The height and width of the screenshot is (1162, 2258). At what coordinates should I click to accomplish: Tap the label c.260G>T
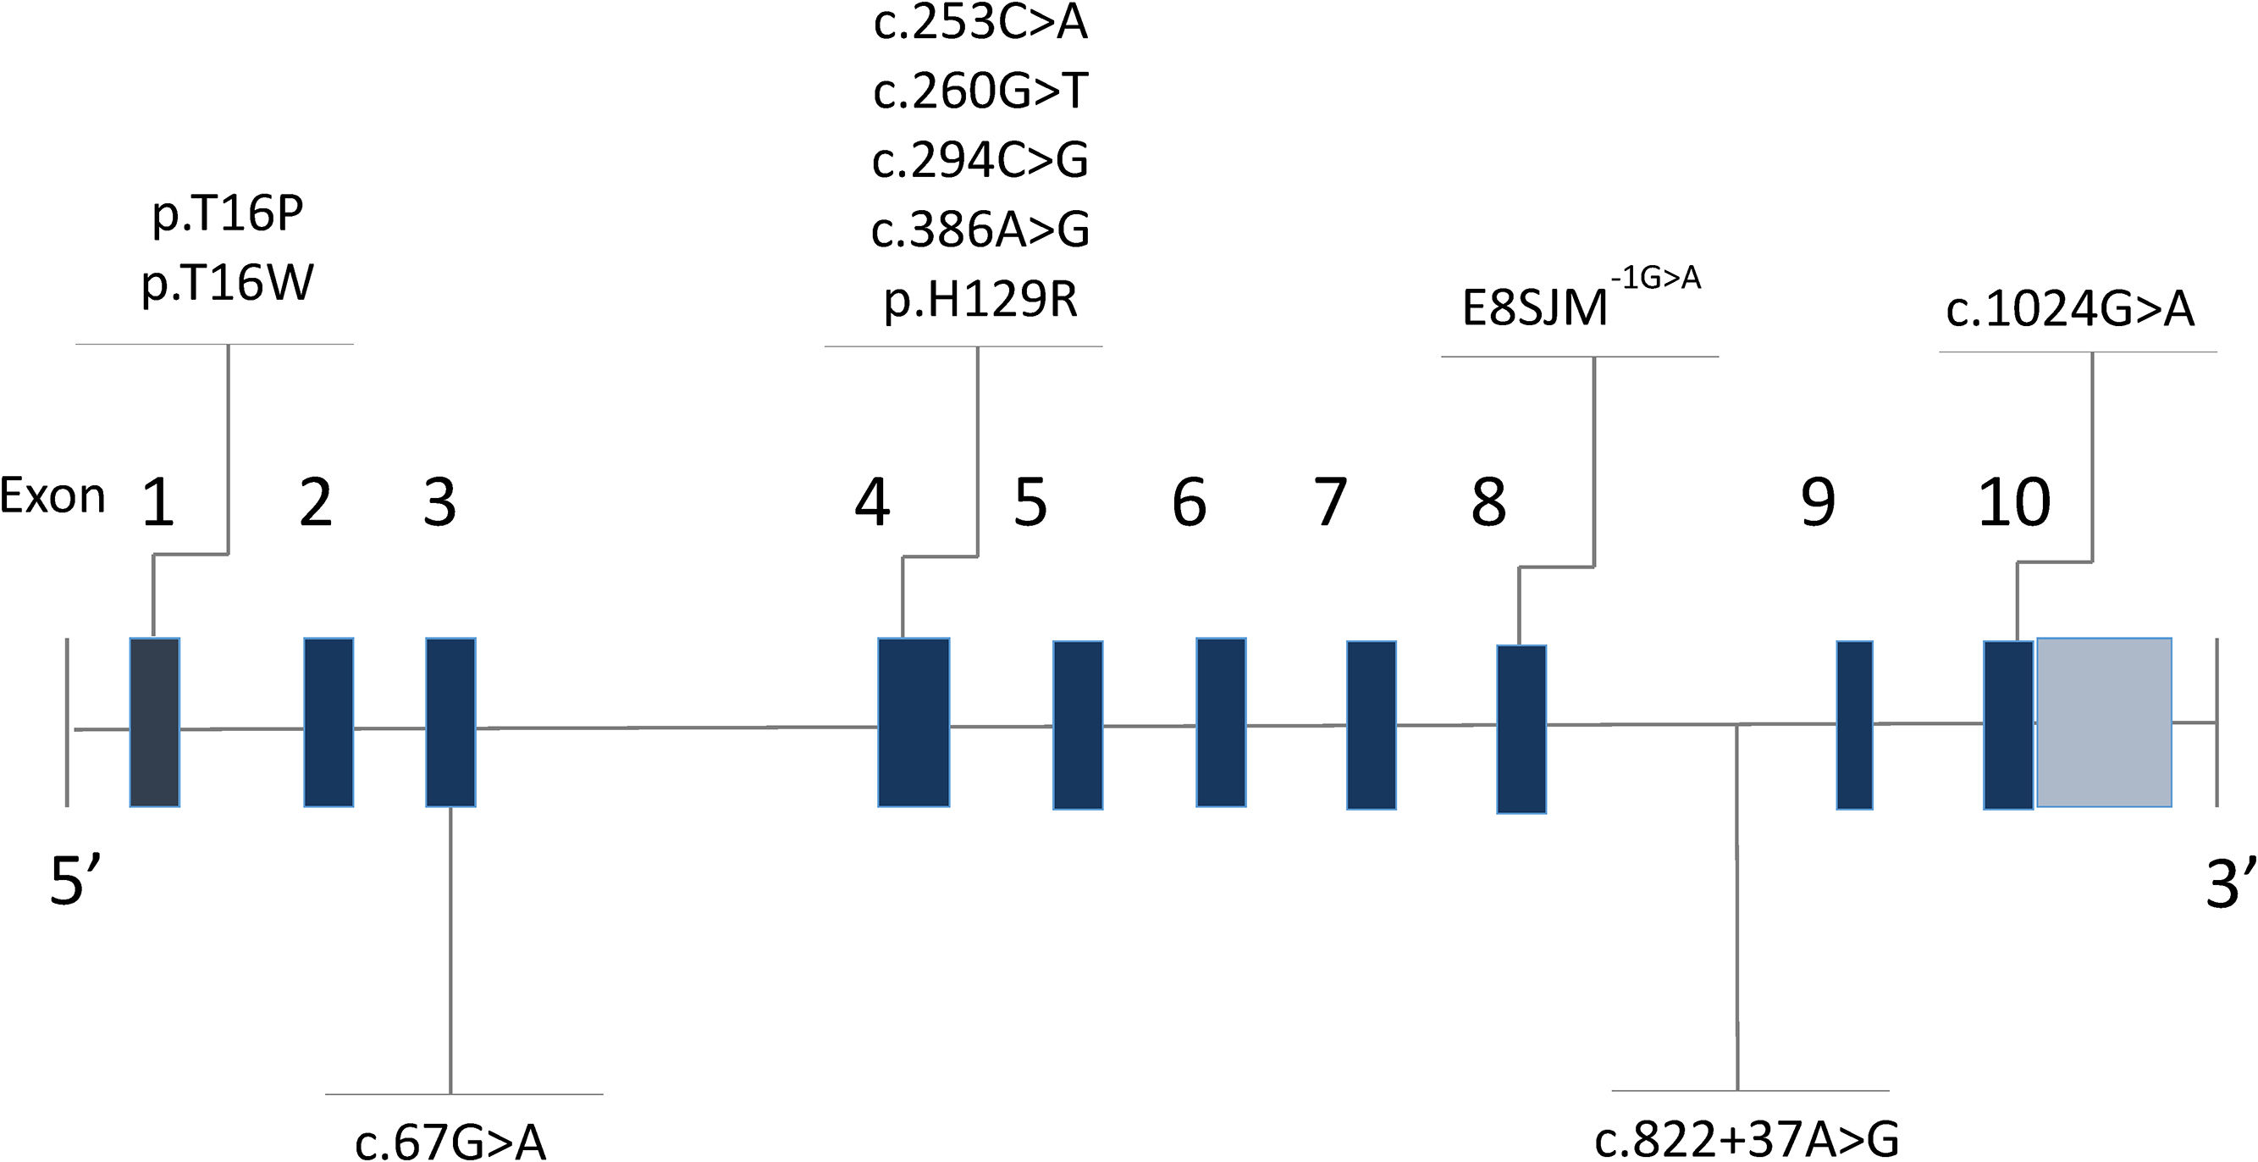tap(980, 91)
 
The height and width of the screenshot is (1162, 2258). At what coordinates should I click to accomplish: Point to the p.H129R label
tap(980, 301)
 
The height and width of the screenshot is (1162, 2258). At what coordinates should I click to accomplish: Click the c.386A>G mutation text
tap(980, 230)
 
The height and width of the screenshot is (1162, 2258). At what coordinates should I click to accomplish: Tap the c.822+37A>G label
tap(1747, 1140)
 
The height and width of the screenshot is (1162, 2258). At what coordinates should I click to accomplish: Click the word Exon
tap(52, 496)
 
